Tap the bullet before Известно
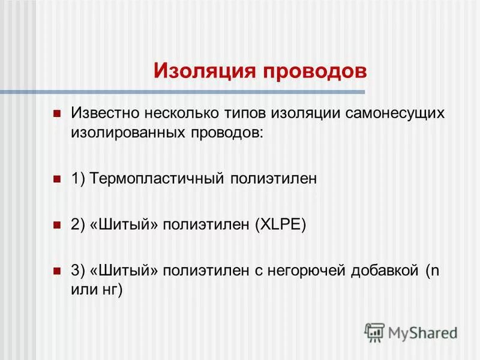tap(58, 113)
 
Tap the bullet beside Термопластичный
tap(58, 179)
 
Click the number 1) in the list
tap(78, 179)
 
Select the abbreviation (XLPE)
tap(281, 225)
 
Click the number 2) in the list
tap(78, 225)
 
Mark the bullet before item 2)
tap(58, 225)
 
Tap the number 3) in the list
tap(78, 271)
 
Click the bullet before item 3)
tap(58, 271)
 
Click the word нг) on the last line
tap(112, 290)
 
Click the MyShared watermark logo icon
tap(374, 332)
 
